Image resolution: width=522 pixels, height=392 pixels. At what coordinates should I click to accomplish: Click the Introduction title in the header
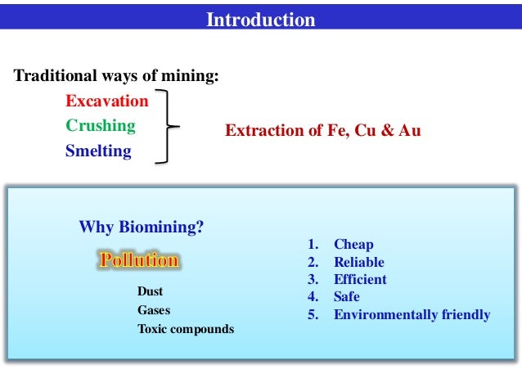260,20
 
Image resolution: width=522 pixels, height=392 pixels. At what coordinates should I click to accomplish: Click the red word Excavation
107,101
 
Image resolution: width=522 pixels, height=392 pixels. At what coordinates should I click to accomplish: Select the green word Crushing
101,126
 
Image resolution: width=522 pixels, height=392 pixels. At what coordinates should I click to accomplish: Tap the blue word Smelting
98,151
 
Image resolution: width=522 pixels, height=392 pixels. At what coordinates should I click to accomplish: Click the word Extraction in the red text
261,131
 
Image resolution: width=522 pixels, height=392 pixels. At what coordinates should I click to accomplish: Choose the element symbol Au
409,131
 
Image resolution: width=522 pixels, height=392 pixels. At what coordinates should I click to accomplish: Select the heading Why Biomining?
141,227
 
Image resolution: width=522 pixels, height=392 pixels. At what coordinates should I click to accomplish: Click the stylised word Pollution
138,261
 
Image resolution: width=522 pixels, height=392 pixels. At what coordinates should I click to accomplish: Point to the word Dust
151,291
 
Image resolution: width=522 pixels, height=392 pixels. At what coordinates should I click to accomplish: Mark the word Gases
154,310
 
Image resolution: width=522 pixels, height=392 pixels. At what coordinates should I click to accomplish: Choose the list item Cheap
353,245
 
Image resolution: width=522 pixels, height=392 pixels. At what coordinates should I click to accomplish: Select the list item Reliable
358,263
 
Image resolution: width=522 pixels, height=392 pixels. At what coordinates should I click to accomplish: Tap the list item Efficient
360,280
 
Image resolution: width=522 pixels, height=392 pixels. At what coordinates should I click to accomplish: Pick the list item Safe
347,297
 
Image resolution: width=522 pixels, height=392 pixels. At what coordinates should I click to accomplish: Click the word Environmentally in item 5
385,314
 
